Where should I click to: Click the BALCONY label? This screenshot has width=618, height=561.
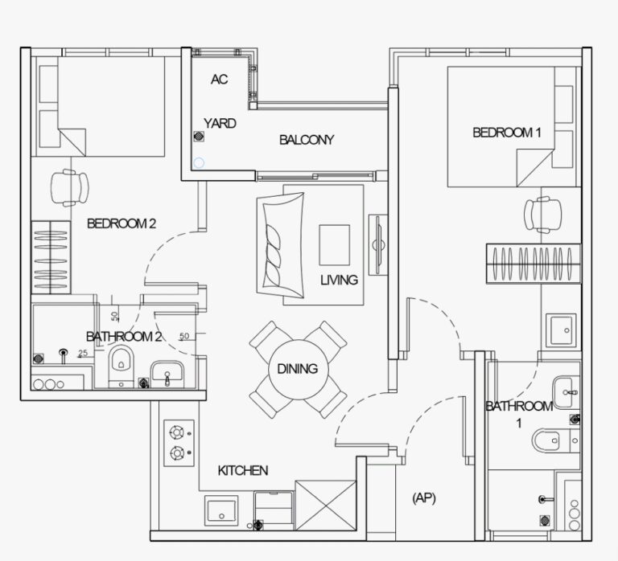pyautogui.click(x=307, y=140)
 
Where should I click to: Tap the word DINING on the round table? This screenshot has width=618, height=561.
pyautogui.click(x=298, y=369)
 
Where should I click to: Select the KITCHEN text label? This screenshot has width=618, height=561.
pyautogui.click(x=243, y=470)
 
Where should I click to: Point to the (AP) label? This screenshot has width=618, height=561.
pyautogui.click(x=424, y=498)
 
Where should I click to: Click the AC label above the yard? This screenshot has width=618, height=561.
pyautogui.click(x=219, y=80)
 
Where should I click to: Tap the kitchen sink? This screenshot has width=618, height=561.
pyautogui.click(x=221, y=510)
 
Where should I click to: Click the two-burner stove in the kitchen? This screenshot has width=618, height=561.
pyautogui.click(x=179, y=443)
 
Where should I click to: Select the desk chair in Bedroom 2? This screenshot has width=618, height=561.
pyautogui.click(x=70, y=188)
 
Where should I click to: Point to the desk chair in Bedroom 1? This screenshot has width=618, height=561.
pyautogui.click(x=542, y=215)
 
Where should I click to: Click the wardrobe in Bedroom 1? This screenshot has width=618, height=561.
pyautogui.click(x=534, y=264)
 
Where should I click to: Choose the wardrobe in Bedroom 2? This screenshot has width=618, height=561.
pyautogui.click(x=51, y=257)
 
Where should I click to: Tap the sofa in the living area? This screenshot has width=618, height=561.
pyautogui.click(x=280, y=245)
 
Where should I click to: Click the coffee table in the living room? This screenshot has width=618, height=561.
pyautogui.click(x=334, y=245)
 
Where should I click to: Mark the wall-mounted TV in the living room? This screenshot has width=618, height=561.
pyautogui.click(x=378, y=245)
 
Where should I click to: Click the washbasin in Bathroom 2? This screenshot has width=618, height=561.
pyautogui.click(x=167, y=374)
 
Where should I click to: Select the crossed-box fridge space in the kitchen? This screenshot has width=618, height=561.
pyautogui.click(x=326, y=505)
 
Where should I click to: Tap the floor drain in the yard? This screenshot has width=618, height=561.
pyautogui.click(x=200, y=136)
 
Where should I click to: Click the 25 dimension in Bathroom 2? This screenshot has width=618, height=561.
pyautogui.click(x=83, y=353)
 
